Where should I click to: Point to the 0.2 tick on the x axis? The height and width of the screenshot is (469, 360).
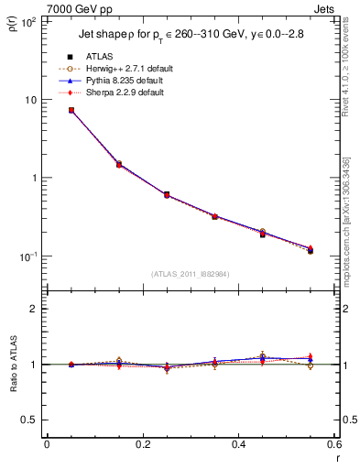tap(142, 445)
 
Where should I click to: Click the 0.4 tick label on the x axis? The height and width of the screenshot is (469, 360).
tap(238, 445)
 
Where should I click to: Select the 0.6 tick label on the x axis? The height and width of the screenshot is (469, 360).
tap(333, 445)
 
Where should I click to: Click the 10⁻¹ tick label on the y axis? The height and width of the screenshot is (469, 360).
tap(27, 256)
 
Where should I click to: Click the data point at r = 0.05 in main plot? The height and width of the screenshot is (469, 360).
tap(71, 110)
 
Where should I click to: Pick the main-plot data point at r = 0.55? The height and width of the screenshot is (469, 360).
tap(311, 249)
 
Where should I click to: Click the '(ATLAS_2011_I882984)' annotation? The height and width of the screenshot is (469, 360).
tap(191, 274)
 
